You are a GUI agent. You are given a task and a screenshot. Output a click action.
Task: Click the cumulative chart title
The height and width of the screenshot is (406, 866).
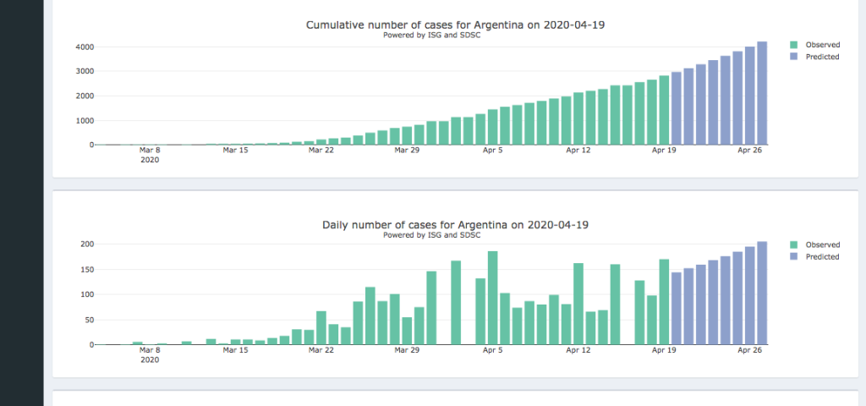[x=455, y=25]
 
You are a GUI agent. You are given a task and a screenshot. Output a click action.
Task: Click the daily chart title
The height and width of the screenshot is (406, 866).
[x=455, y=225]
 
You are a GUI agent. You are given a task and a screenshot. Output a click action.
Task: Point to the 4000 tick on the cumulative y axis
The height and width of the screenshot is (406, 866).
[x=81, y=47]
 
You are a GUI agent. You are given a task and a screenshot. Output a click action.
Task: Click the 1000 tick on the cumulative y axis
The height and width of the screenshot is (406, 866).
[x=81, y=120]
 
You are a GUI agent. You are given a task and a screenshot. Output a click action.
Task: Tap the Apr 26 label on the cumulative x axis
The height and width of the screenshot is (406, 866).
[x=751, y=151]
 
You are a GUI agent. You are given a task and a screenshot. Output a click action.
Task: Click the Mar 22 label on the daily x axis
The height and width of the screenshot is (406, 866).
[x=321, y=350]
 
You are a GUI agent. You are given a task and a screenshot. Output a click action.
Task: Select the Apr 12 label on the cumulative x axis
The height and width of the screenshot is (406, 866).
[x=578, y=151]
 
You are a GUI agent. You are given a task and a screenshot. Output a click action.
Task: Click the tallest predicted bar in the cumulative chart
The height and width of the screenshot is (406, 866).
[x=762, y=93]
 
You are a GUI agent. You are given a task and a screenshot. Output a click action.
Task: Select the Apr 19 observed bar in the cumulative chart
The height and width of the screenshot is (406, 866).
[x=664, y=110]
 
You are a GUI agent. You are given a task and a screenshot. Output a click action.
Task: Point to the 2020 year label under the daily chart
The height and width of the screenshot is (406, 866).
[x=150, y=359]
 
